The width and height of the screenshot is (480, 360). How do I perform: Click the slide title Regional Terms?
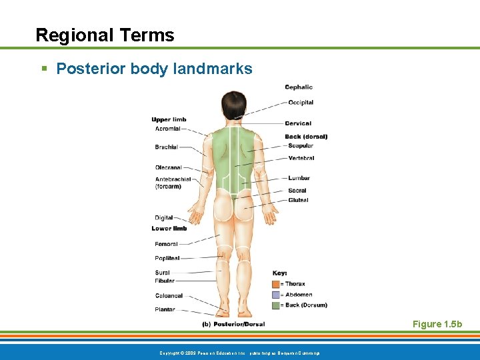(105, 35)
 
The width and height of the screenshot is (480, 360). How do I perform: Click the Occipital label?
(301, 103)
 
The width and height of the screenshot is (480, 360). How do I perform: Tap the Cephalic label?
(299, 87)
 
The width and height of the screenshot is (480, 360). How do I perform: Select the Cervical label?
(298, 123)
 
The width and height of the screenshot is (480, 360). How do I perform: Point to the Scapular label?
(301, 146)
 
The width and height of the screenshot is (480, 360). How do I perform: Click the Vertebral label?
(301, 158)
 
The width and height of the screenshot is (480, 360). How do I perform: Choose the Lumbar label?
(299, 178)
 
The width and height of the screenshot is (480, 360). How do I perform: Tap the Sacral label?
(297, 191)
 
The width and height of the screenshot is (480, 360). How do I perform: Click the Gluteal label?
(298, 200)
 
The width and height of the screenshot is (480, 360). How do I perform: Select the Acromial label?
(168, 129)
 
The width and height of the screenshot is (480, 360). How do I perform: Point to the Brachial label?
(167, 147)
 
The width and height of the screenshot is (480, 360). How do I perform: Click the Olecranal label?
(169, 167)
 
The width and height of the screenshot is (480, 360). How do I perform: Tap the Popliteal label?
(167, 258)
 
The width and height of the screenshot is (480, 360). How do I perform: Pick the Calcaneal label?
(169, 295)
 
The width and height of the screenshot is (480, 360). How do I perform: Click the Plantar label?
(165, 309)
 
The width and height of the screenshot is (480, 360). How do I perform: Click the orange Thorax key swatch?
(276, 284)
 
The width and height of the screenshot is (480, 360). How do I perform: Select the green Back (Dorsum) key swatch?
(276, 305)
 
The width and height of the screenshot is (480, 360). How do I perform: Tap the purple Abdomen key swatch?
(276, 295)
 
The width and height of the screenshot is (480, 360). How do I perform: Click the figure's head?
(234, 105)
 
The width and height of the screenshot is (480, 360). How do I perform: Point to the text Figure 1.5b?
(437, 324)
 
